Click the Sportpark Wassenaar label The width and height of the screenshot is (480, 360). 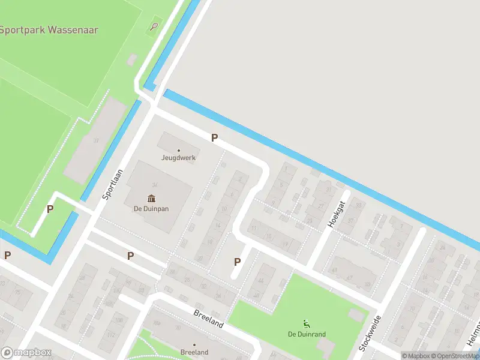49,29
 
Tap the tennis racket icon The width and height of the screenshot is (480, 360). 155,26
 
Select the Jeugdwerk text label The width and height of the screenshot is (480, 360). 178,158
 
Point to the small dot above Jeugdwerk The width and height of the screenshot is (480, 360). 178,150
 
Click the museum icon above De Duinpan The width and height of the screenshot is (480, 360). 151,199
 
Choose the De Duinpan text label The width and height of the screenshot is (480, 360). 151,209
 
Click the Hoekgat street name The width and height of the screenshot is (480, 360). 338,214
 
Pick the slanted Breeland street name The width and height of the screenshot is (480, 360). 208,319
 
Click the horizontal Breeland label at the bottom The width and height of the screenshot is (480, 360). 194,352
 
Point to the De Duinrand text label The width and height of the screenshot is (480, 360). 307,334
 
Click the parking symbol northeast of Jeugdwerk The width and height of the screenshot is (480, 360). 214,138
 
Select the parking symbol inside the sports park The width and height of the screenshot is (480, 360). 50,209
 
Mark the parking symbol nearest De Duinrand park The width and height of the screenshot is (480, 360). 237,262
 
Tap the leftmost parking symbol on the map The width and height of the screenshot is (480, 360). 7,255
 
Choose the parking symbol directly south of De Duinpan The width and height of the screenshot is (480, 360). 130,256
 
